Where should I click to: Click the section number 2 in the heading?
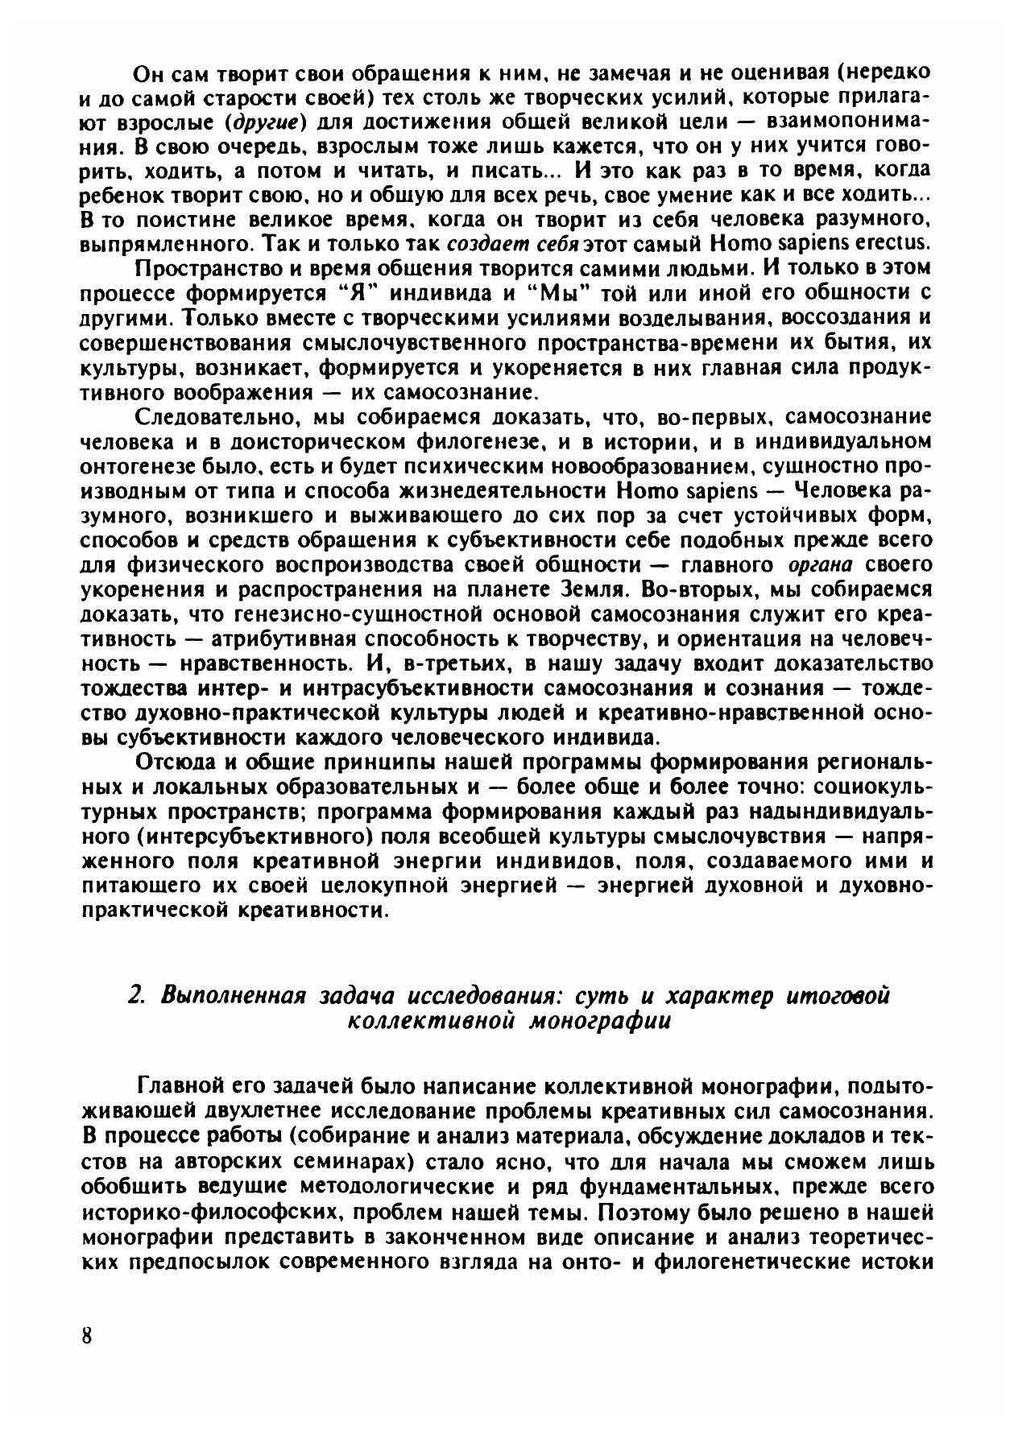point(135,995)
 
